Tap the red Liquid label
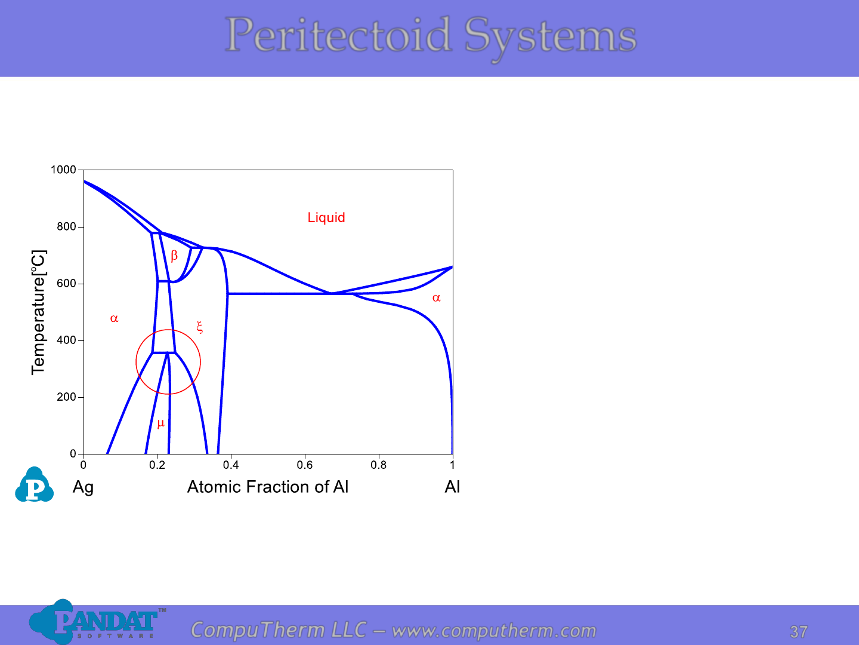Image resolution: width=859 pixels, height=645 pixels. coord(326,217)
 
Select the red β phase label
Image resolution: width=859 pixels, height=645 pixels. coord(174,256)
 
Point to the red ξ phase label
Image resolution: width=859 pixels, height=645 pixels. coord(200,327)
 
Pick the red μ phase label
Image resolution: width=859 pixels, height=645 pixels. coord(160,423)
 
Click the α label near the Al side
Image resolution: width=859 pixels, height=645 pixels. coord(436,298)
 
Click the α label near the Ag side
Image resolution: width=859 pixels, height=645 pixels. coord(114,318)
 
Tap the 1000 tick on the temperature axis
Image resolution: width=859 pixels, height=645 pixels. coord(63,170)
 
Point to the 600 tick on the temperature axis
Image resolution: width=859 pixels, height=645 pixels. coord(66,283)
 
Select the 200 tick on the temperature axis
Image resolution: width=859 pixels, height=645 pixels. coord(66,397)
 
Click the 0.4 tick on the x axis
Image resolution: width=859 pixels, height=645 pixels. coord(231,465)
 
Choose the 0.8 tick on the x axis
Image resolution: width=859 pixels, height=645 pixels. coord(378,465)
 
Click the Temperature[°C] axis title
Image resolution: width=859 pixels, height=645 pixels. coord(39,312)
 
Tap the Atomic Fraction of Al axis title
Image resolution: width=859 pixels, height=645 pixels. coord(268,487)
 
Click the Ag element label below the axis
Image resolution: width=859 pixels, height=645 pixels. coord(83,487)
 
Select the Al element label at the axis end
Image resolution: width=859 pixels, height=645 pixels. coord(452,487)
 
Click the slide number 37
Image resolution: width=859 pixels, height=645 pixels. coord(799,632)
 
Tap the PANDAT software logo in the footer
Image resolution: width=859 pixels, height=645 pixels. coord(97,622)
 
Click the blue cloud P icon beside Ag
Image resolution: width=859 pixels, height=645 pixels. coord(34,484)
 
